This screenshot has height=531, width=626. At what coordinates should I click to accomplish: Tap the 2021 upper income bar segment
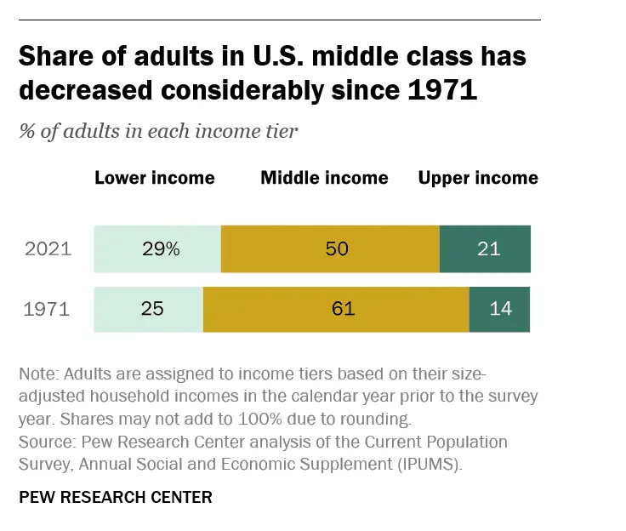[485, 249]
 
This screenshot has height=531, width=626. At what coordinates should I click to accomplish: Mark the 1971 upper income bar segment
[499, 309]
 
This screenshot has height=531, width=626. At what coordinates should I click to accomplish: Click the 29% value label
[161, 249]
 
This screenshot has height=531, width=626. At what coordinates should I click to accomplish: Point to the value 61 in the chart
[343, 309]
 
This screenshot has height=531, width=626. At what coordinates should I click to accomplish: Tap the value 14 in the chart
[501, 309]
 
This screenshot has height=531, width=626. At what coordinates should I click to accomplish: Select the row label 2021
[48, 249]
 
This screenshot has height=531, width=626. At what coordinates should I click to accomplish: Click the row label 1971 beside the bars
[48, 309]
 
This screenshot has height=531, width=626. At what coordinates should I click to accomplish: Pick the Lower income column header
[154, 178]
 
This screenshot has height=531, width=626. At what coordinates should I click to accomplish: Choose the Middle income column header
[324, 178]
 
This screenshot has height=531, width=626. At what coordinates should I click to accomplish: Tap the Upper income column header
[478, 178]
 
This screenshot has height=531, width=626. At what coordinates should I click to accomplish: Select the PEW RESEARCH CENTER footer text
[115, 497]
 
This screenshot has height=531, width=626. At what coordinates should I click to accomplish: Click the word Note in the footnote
[37, 375]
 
